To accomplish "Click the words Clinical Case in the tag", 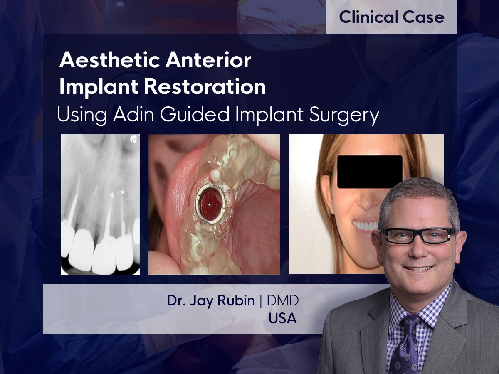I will pyautogui.click(x=391, y=17).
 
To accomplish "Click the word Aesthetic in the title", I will pyautogui.click(x=110, y=61).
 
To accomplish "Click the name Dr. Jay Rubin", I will pyautogui.click(x=211, y=301).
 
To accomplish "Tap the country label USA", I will pyautogui.click(x=282, y=318).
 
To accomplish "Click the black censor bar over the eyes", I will pyautogui.click(x=370, y=172).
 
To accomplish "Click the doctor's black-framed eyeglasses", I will pyautogui.click(x=417, y=235).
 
